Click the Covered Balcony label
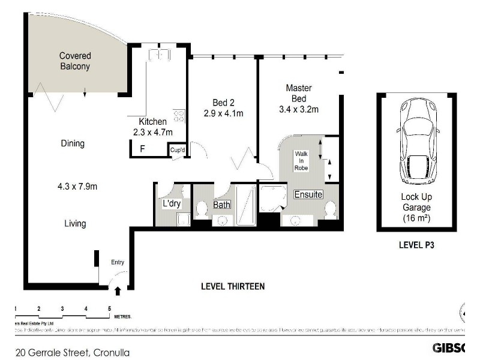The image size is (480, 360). (x=74, y=61)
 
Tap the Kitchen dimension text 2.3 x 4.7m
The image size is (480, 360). (x=152, y=133)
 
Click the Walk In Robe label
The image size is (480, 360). (x=301, y=161)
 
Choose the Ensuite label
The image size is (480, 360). (x=308, y=194)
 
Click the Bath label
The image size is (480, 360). (x=222, y=205)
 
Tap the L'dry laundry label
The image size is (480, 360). (x=172, y=204)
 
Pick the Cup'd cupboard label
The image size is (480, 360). (x=177, y=150)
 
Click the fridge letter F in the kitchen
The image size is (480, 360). (x=142, y=148)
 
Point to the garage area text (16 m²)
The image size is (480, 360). (x=416, y=217)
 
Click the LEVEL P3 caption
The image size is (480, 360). (x=416, y=245)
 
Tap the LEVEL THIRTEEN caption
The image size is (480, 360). (x=232, y=286)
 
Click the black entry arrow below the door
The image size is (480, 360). (x=118, y=291)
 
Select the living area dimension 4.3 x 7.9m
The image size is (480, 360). (x=73, y=187)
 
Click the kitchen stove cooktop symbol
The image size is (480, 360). (x=178, y=115)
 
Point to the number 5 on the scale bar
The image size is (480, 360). (x=109, y=308)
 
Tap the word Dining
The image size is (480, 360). (x=73, y=143)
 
